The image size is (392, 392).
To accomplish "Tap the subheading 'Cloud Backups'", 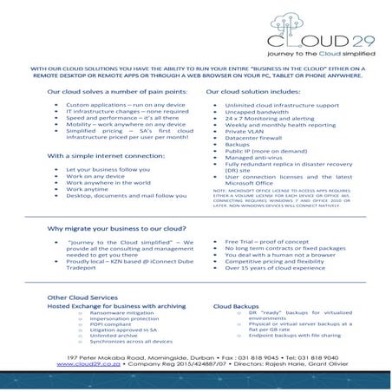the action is [x=236, y=306].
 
